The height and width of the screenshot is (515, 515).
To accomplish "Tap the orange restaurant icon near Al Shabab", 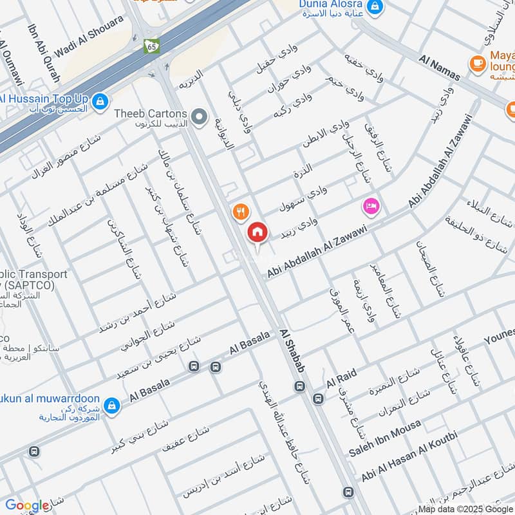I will (240, 211).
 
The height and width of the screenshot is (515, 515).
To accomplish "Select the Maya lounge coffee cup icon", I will (477, 62).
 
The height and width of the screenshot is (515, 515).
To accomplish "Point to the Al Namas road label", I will (439, 68).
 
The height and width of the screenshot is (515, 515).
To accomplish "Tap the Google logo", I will (27, 506).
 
